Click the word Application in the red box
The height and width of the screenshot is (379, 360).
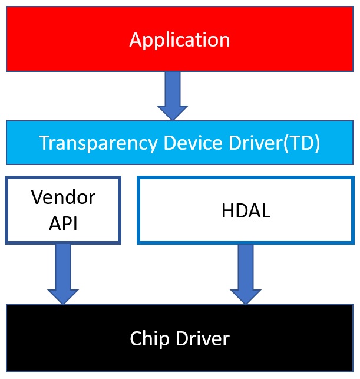point(179,40)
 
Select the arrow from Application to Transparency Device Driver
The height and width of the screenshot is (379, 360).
point(173,94)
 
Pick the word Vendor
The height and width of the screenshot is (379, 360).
point(63,197)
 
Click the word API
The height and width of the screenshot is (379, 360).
point(63,223)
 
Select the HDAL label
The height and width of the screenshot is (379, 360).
point(246,211)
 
